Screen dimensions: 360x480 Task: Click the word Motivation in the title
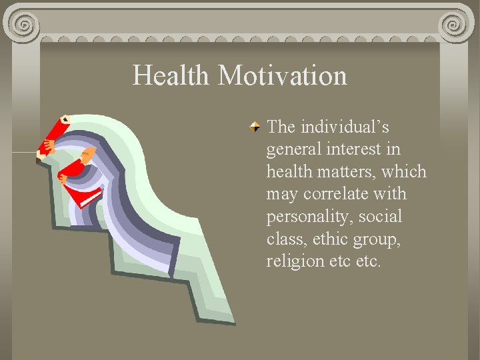(283, 75)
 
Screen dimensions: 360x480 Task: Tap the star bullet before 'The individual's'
(255, 126)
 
